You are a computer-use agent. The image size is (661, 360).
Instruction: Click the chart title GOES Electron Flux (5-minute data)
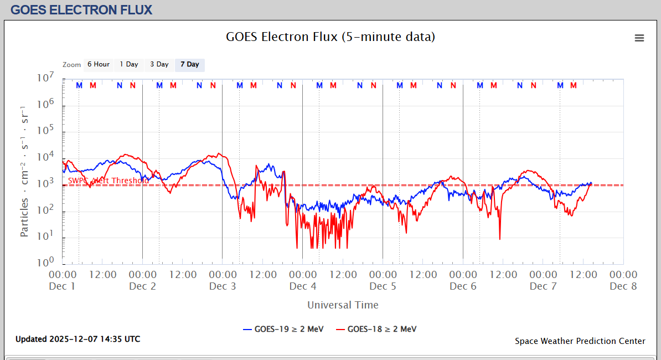pyautogui.click(x=330, y=37)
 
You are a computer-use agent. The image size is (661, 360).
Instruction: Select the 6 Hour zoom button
pyautogui.click(x=98, y=64)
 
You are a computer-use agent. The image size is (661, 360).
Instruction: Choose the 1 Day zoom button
pyautogui.click(x=129, y=64)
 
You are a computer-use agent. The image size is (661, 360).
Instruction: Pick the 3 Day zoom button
pyautogui.click(x=159, y=64)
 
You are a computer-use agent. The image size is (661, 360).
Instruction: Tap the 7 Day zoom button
pyautogui.click(x=189, y=64)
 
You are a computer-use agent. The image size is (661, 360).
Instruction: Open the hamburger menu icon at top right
pyautogui.click(x=639, y=38)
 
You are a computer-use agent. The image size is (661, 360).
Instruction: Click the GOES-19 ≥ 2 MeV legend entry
pyautogui.click(x=280, y=329)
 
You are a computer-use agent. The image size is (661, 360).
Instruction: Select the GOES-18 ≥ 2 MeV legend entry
pyautogui.click(x=376, y=329)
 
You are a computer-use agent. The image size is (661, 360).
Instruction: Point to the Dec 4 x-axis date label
pyautogui.click(x=303, y=286)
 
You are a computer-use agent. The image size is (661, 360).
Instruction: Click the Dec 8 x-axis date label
pyautogui.click(x=623, y=286)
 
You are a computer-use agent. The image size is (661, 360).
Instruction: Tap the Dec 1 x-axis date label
pyautogui.click(x=62, y=286)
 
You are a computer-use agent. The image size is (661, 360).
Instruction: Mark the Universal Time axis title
pyautogui.click(x=343, y=305)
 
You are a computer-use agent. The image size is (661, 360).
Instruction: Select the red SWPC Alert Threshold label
pyautogui.click(x=109, y=181)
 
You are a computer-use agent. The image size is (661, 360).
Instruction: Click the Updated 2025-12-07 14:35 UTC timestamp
pyautogui.click(x=78, y=339)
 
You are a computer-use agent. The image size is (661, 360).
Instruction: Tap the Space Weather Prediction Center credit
pyautogui.click(x=580, y=341)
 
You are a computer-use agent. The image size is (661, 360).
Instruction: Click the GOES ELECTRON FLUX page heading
pyautogui.click(x=81, y=10)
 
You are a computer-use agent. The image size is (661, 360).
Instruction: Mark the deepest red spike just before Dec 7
pyautogui.click(x=500, y=239)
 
